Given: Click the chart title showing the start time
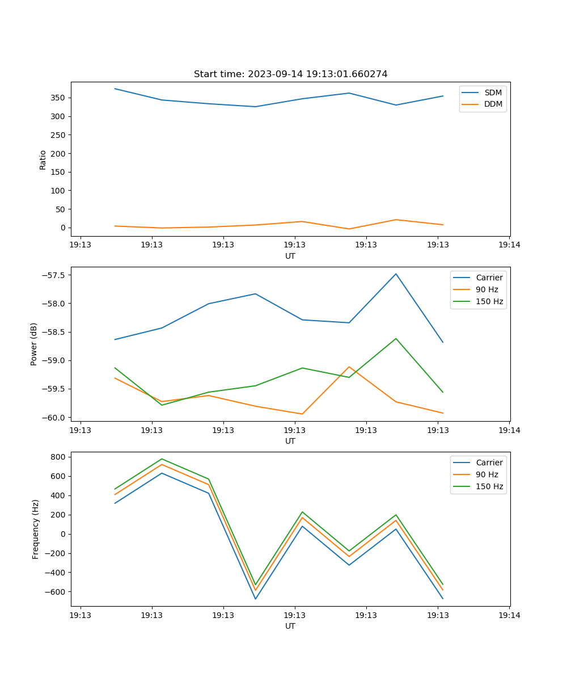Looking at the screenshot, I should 290,74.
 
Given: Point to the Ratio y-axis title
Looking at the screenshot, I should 43,159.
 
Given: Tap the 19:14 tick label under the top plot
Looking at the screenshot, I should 509,245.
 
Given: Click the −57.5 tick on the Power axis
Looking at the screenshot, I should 54,275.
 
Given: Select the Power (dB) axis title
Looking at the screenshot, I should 34,344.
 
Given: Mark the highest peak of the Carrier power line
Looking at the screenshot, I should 396,274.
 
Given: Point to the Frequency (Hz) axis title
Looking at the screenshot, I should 36,529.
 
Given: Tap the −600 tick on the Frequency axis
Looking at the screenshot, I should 54,592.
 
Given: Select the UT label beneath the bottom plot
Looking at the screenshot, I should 290,626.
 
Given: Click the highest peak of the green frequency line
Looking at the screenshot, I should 162,459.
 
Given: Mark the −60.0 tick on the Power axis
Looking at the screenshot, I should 54,418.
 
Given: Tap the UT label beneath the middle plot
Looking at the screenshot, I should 290,441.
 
